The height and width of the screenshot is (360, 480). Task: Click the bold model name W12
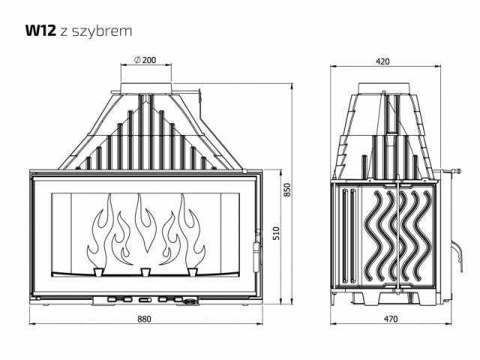point(40,31)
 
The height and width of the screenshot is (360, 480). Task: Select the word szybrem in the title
point(102,31)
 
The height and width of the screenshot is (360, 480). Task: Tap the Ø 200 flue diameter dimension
point(145,60)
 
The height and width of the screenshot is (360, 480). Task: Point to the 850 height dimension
point(286,190)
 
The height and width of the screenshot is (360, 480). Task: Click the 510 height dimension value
point(276,233)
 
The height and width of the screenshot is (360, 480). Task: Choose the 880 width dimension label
point(144,319)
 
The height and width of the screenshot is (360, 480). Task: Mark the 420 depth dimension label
point(382,61)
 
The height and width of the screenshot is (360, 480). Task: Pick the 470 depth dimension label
point(391,319)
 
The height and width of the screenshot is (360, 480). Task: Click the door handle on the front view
point(256,256)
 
